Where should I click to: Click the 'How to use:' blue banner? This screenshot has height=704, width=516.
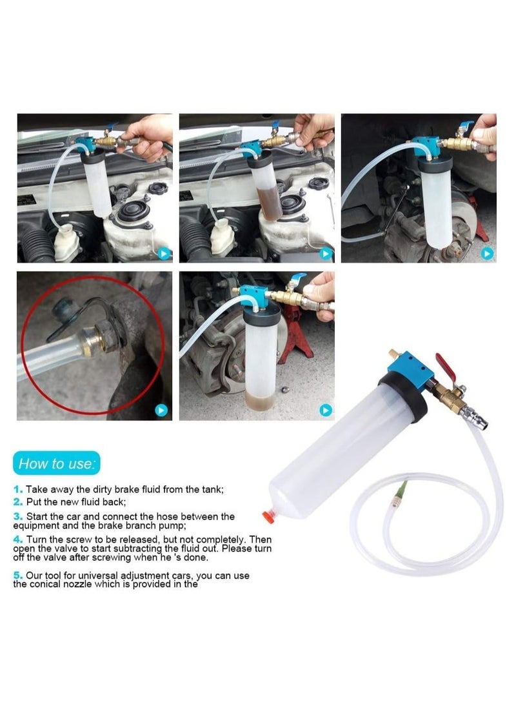pos(57,463)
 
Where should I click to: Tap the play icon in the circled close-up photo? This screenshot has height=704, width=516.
pos(161,409)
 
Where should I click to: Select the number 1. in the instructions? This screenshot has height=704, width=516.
pos(18,490)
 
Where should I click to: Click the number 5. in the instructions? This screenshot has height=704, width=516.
pos(18,575)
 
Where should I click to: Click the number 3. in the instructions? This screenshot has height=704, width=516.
pos(18,516)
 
